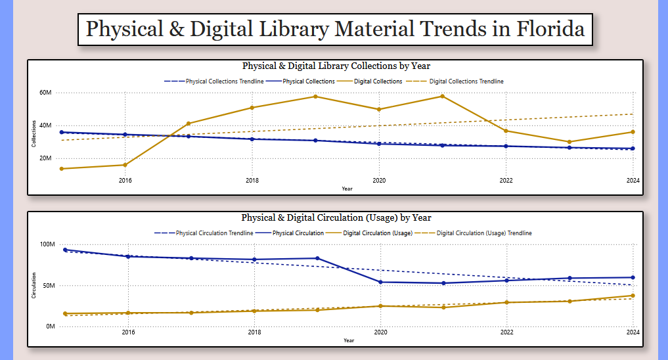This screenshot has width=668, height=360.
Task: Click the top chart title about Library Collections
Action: [336, 66]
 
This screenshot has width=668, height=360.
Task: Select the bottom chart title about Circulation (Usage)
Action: [336, 217]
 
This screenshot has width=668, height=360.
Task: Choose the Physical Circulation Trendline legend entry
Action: [209, 233]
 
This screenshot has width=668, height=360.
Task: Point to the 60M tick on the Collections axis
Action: [45, 93]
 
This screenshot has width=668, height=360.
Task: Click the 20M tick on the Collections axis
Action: [45, 158]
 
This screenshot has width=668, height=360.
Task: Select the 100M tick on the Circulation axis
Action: [47, 244]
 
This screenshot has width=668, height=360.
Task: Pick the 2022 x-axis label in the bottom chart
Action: [506, 332]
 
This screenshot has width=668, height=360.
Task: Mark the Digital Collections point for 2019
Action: [315, 97]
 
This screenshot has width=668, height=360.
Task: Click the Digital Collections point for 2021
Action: [442, 97]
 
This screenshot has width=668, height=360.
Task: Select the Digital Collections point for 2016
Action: [125, 165]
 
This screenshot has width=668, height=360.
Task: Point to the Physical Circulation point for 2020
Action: [379, 282]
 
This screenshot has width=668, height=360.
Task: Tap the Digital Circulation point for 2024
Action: [633, 296]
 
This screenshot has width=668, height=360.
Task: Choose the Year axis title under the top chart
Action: [347, 189]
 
